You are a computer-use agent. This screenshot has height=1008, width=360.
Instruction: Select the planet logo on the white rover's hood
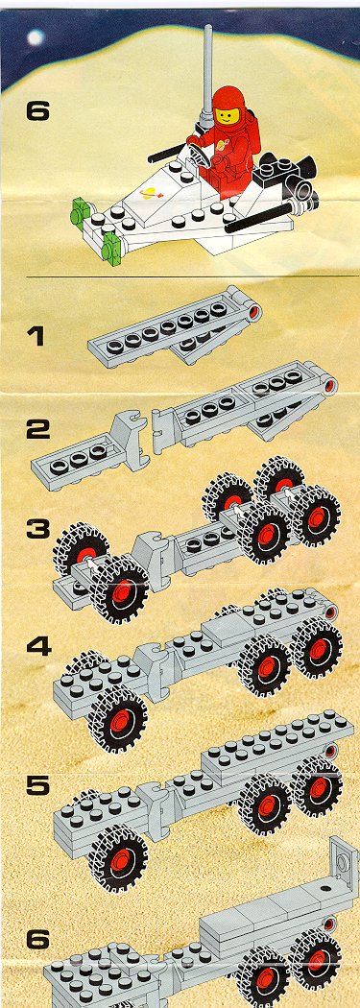coord(151,192)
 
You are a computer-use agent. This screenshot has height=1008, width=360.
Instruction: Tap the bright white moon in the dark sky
coord(36,37)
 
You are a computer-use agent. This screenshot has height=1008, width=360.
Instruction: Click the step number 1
coord(36,336)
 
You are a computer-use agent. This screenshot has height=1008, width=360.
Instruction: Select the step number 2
coord(37,430)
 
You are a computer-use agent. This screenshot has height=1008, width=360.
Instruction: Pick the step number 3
coord(38,529)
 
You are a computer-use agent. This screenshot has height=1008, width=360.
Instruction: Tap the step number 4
coord(38,644)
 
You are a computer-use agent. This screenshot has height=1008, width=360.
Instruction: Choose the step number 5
coord(38,786)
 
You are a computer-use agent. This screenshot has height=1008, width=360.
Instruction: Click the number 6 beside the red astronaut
coord(37,112)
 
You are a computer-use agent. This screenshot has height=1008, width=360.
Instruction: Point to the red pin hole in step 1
coord(255,313)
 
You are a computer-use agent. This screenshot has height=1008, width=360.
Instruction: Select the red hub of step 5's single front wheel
coord(120,861)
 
